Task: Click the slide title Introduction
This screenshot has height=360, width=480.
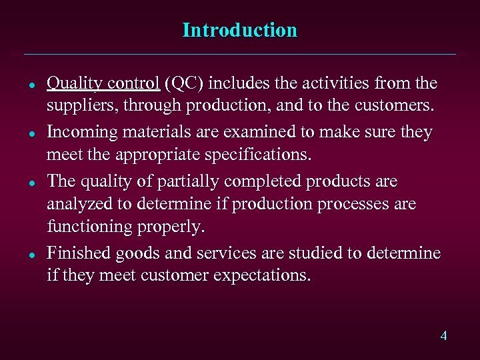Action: (x=239, y=31)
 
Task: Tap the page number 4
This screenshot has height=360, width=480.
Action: (x=443, y=335)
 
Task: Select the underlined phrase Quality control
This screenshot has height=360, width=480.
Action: (x=103, y=83)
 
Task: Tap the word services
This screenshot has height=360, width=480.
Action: (x=221, y=253)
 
